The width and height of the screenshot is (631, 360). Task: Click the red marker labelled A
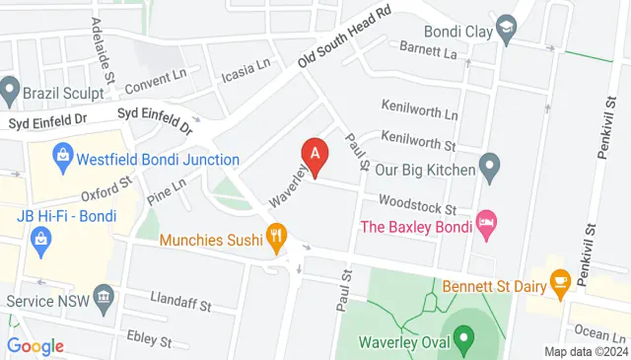315,156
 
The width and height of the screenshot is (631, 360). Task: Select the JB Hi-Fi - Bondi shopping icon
40,237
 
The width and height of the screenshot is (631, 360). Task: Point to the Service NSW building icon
103,300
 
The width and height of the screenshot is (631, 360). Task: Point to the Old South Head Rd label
346,38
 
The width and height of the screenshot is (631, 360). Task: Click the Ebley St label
149,340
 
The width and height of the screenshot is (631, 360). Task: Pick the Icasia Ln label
245,69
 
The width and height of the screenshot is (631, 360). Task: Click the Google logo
35,346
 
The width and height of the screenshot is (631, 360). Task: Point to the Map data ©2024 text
586,352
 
